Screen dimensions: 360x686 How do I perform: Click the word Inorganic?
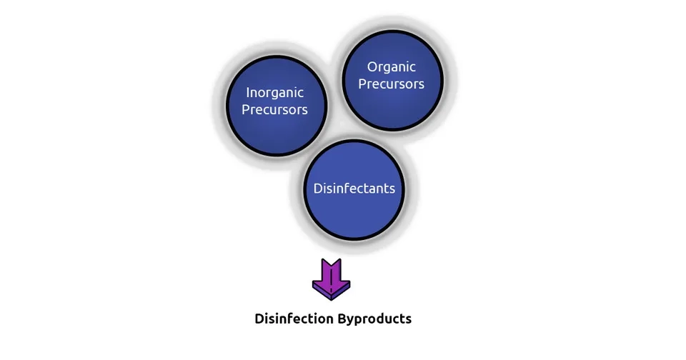coord(275,93)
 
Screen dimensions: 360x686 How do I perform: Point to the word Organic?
coord(392,67)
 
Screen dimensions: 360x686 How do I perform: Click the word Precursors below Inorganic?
coord(275,110)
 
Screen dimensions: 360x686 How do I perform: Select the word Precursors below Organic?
coord(392,84)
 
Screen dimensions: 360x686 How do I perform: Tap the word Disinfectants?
coord(354,189)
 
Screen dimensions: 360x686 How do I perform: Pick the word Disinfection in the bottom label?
coord(293,319)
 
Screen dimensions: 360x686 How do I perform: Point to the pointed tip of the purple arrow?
coord(331,298)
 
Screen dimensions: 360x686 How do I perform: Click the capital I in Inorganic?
coord(247,93)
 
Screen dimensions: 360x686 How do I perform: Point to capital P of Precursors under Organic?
coord(362,84)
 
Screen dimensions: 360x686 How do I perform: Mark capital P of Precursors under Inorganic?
coord(246,110)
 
